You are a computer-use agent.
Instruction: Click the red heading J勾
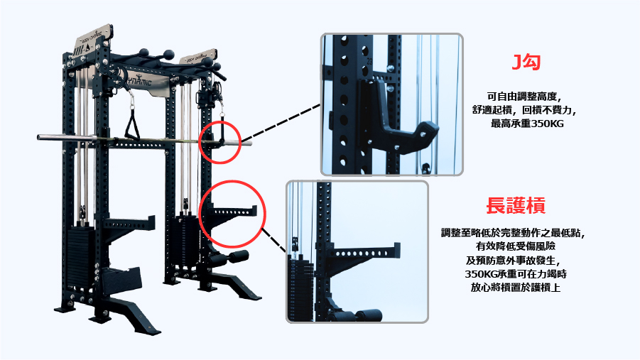click(526, 62)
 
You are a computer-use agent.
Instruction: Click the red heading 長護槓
click(516, 205)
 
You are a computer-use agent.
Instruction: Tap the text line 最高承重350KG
click(527, 124)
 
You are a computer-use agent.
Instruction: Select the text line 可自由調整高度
click(524, 97)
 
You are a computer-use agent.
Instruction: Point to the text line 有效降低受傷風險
click(516, 246)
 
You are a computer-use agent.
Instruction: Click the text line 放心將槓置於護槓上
click(516, 288)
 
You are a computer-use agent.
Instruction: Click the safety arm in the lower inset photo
click(362, 255)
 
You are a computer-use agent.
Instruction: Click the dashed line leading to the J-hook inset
click(281, 122)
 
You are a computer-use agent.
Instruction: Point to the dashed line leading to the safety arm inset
click(273, 241)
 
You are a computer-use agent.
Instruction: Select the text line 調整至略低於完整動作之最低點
click(514, 233)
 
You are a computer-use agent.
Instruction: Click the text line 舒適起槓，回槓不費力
click(524, 110)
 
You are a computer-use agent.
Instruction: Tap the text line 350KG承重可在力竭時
click(516, 273)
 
